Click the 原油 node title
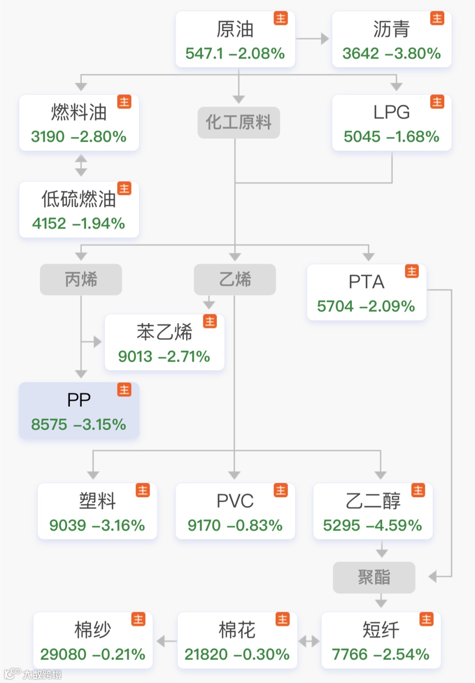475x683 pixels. click(235, 29)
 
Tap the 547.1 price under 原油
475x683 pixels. click(204, 54)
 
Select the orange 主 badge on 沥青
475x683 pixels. click(437, 18)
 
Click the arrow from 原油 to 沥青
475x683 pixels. click(313, 39)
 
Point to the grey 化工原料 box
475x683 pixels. click(238, 122)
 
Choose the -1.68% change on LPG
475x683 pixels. click(413, 137)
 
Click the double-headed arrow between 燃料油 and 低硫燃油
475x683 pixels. click(81, 165)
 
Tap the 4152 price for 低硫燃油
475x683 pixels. click(49, 224)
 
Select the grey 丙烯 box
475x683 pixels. click(81, 280)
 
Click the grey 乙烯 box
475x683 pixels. click(235, 280)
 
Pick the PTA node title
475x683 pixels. click(366, 282)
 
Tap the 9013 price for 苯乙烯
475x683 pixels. click(135, 356)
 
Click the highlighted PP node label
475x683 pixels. click(79, 400)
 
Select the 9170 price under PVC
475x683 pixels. click(204, 525)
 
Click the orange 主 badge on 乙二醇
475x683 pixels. click(418, 490)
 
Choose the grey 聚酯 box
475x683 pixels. click(374, 577)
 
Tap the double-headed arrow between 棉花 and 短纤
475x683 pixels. click(309, 641)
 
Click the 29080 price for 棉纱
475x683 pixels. click(63, 654)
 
